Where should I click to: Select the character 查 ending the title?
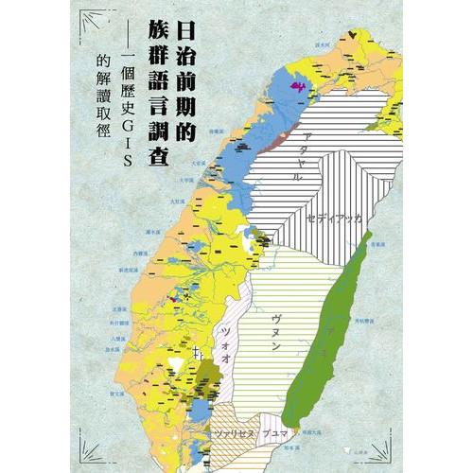(153, 155)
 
